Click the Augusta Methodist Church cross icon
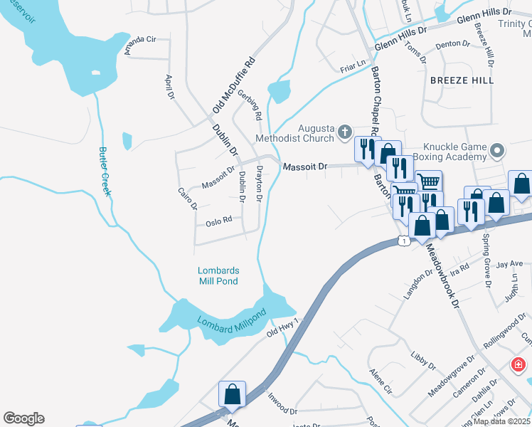(345, 132)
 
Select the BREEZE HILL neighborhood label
(462, 80)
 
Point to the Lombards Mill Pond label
(218, 276)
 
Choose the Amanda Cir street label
(139, 44)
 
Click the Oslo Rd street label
(219, 221)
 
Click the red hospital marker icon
(519, 365)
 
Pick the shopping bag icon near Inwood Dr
(232, 394)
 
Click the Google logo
(23, 418)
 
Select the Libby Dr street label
(423, 361)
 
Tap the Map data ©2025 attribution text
(502, 421)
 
